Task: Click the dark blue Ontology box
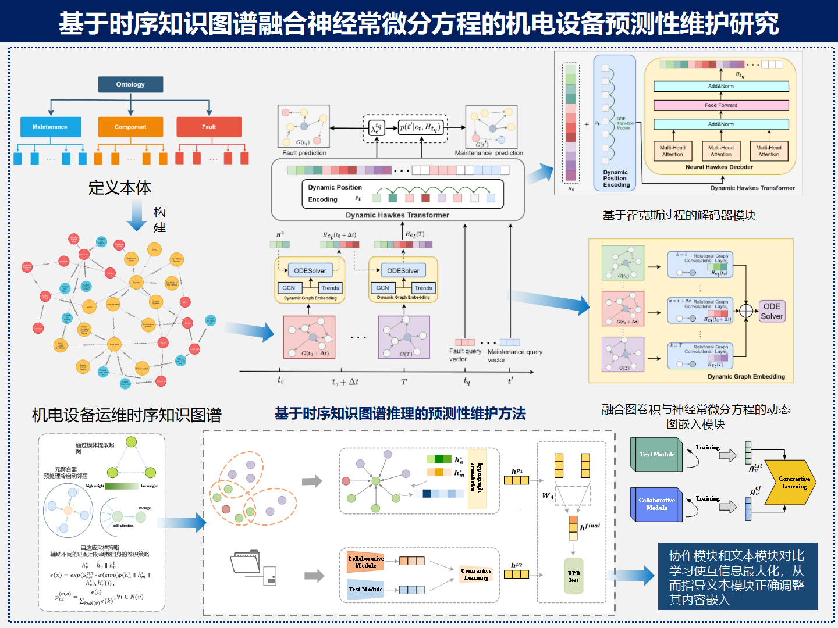pyautogui.click(x=130, y=84)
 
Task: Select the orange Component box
pyautogui.click(x=130, y=127)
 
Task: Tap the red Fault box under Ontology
pyautogui.click(x=209, y=127)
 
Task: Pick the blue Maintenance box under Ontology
pyautogui.click(x=50, y=127)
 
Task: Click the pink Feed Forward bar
pyautogui.click(x=721, y=105)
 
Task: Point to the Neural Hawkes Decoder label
pyautogui.click(x=719, y=167)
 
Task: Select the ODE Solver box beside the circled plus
pyautogui.click(x=772, y=311)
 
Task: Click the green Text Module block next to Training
pyautogui.click(x=656, y=454)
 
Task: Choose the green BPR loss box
pyautogui.click(x=574, y=576)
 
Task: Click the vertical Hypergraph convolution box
pyautogui.click(x=477, y=478)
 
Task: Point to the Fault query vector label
pyautogui.click(x=465, y=355)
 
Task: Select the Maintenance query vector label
pyautogui.click(x=515, y=355)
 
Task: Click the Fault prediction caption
pyautogui.click(x=304, y=153)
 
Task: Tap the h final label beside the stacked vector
pyautogui.click(x=590, y=527)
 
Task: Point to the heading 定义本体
pyautogui.click(x=120, y=188)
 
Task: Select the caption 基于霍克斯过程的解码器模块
pyautogui.click(x=679, y=216)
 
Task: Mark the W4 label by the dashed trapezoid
pyautogui.click(x=548, y=496)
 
